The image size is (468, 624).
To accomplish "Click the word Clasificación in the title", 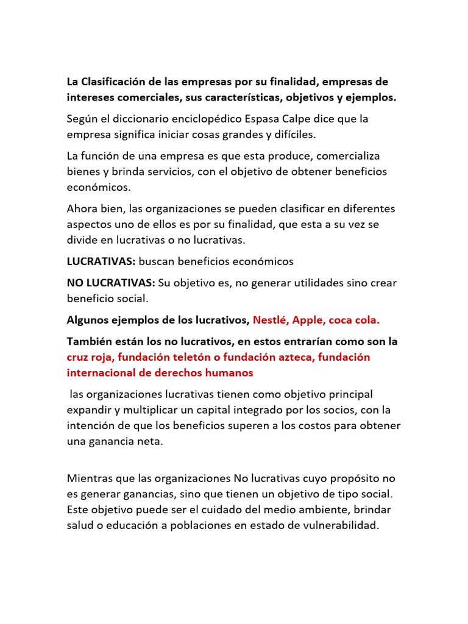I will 114,82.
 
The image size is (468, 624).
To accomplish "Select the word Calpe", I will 311,119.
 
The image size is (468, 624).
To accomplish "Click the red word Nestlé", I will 271,320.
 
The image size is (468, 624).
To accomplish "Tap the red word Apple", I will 311,320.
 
